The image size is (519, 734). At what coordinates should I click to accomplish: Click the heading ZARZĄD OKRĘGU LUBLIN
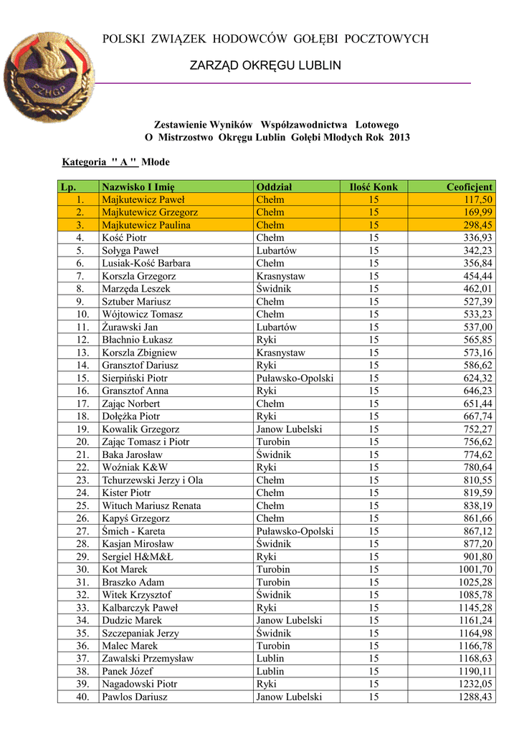coord(265,66)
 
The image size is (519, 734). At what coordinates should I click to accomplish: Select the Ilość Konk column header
coord(373,187)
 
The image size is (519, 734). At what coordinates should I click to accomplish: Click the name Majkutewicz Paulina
coord(146,225)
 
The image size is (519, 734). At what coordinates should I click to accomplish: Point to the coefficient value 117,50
coord(478,200)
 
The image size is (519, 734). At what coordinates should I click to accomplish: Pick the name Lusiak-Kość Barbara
coord(146,263)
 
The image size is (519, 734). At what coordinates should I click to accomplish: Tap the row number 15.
coord(83,378)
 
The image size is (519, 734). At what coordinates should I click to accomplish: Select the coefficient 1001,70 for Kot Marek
coord(475,569)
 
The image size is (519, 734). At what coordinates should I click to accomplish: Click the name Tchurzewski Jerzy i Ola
coord(153,480)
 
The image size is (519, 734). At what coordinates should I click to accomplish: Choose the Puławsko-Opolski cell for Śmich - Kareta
coord(295,531)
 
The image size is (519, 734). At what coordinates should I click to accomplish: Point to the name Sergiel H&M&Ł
coord(138,557)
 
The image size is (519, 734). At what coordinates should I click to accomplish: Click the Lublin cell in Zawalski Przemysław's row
coord(270,659)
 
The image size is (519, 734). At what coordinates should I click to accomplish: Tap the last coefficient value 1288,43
coord(475,697)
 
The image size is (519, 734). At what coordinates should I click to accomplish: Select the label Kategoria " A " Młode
coord(116,162)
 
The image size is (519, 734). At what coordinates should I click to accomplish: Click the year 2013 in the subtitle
coord(399,137)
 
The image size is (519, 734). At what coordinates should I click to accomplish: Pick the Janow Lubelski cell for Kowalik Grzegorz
coord(289,429)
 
